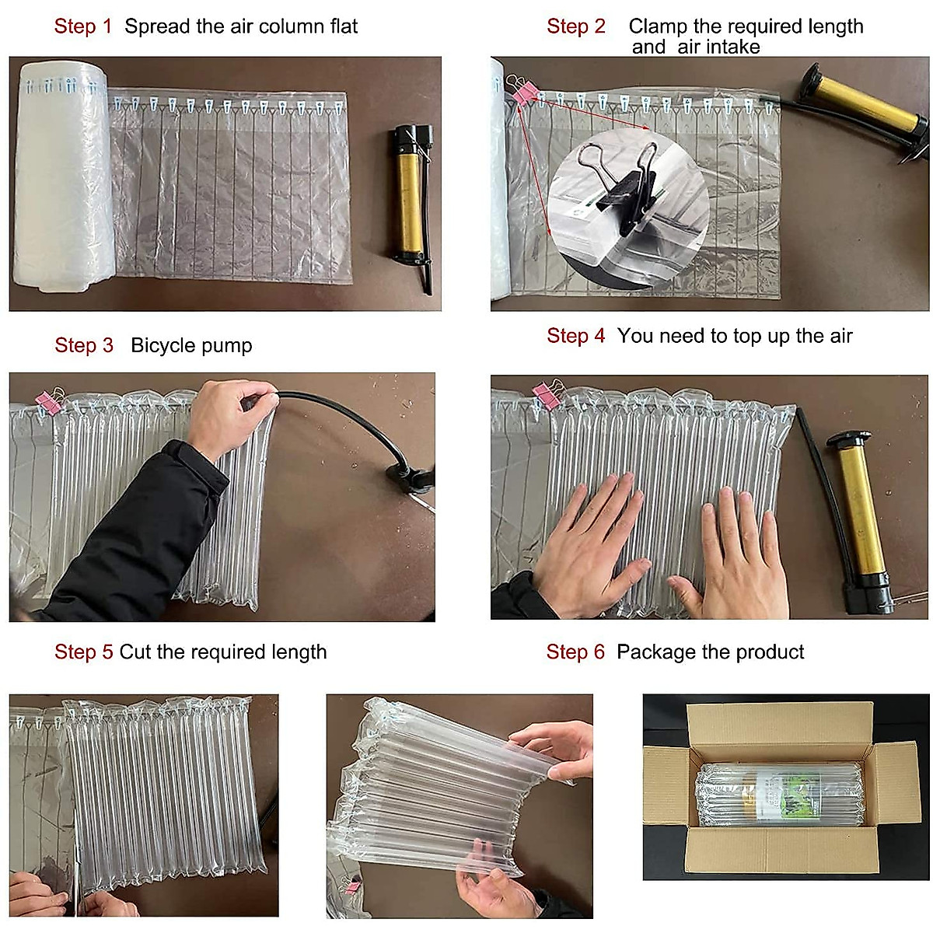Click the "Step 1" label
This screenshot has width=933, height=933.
tap(82, 26)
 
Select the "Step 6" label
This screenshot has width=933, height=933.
tap(575, 652)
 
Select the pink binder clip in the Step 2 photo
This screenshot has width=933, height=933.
tap(522, 89)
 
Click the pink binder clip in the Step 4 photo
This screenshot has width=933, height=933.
tap(547, 393)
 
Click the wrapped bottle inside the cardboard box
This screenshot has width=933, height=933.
tap(781, 793)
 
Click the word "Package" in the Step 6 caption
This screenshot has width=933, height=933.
tap(652, 652)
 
